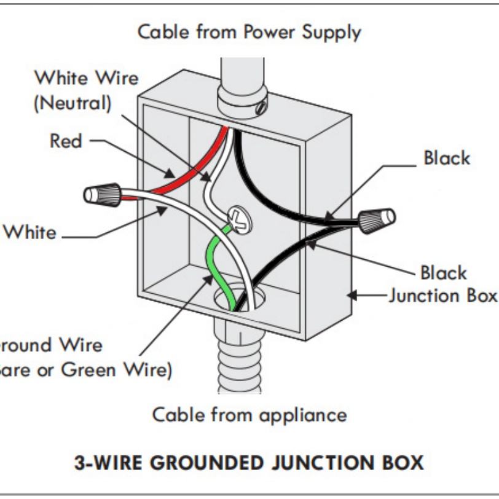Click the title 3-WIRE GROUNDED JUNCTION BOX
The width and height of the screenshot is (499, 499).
[x=249, y=462]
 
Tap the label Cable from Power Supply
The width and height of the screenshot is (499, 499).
[x=249, y=32]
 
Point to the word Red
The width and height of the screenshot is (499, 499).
[x=66, y=141]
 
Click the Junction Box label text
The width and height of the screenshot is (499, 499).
[x=442, y=296]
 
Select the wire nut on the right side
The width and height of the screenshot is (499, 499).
[x=377, y=218]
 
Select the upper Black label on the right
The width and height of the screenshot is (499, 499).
[x=446, y=158]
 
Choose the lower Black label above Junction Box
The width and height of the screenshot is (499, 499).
[x=443, y=272]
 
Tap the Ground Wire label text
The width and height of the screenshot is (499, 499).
[x=49, y=345]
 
